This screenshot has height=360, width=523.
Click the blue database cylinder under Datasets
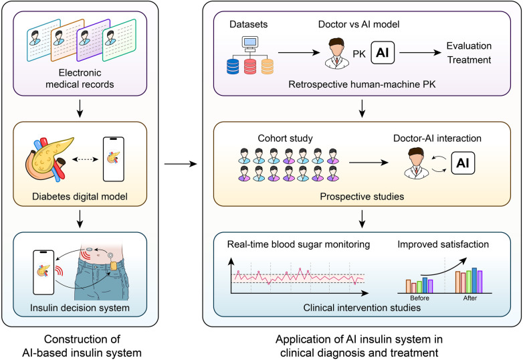233,66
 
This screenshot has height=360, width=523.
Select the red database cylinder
250,66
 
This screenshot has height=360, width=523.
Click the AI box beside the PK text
383,53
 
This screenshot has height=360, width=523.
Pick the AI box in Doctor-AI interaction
463,163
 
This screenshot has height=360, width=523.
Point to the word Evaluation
469,46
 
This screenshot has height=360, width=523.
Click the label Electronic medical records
80,78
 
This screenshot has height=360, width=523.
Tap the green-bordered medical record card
119,40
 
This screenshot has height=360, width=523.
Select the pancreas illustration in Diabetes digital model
49,159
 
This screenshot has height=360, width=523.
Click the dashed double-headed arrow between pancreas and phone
86,159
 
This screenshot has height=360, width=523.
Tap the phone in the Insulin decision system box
43,272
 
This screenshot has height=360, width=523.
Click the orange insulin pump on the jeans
114,266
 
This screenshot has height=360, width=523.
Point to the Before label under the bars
419,298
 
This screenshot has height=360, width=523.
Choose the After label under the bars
470,298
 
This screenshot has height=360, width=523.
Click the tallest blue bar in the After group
474,280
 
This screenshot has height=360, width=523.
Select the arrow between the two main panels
181,164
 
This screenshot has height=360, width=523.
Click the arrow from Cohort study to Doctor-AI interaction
369,163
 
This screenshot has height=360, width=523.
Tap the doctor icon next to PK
337,53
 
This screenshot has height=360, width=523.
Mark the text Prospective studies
362,197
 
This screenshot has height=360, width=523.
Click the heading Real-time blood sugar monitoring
298,244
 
